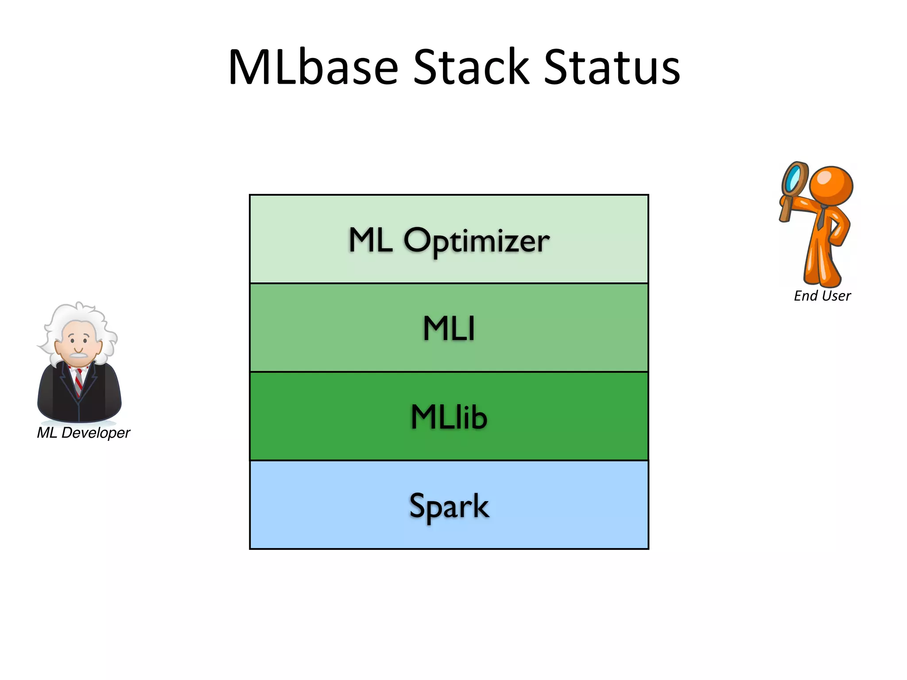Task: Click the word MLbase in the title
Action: click(313, 67)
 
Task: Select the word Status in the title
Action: click(611, 67)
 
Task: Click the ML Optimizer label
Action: click(449, 240)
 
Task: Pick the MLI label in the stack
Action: click(449, 328)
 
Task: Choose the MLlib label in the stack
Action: click(449, 417)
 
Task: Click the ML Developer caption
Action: click(83, 433)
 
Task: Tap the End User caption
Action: click(822, 296)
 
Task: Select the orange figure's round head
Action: click(831, 185)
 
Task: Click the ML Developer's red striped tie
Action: click(79, 381)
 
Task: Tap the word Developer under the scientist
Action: click(95, 433)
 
